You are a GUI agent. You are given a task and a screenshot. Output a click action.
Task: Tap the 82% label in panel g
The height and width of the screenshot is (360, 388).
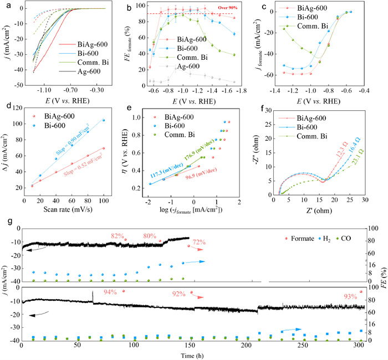(119, 235)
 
